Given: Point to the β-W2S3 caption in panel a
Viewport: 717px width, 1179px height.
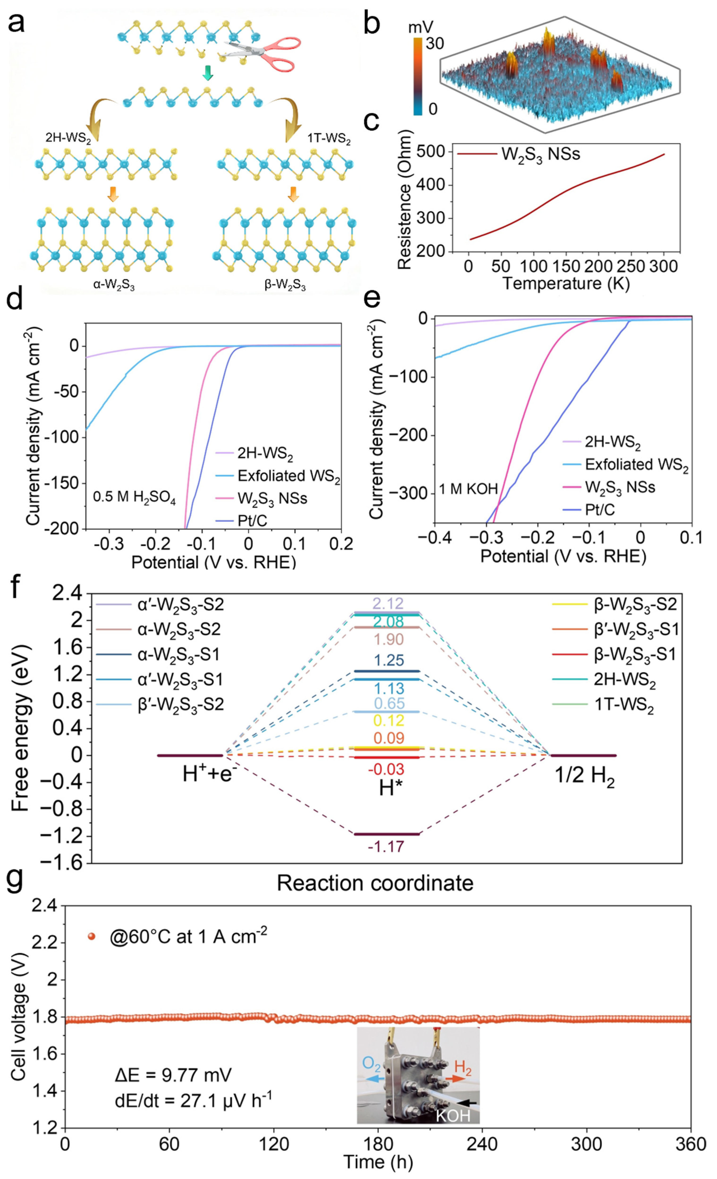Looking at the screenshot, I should click(285, 286).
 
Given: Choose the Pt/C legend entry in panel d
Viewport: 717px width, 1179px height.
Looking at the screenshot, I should click(252, 520).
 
